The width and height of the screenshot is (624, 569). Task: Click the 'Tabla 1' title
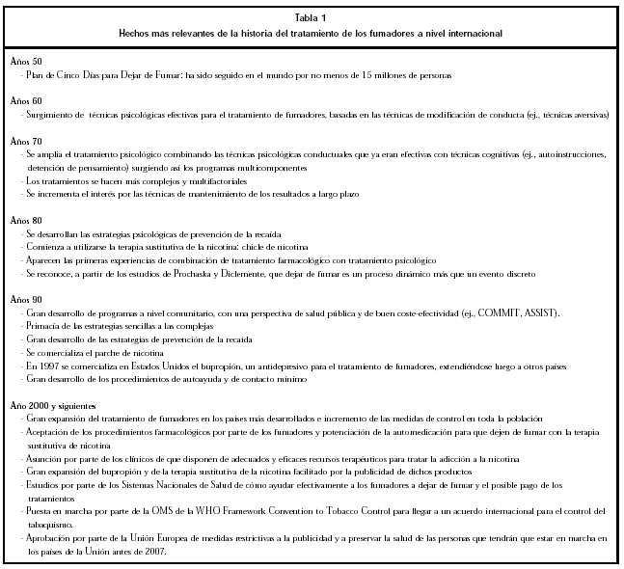point(311,16)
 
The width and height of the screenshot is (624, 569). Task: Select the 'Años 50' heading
point(26,61)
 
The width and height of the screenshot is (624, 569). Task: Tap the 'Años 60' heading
point(26,100)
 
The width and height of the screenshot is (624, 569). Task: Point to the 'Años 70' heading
point(26,141)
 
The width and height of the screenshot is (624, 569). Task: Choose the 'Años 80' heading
point(26,221)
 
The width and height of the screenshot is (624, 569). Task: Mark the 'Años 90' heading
point(26,300)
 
